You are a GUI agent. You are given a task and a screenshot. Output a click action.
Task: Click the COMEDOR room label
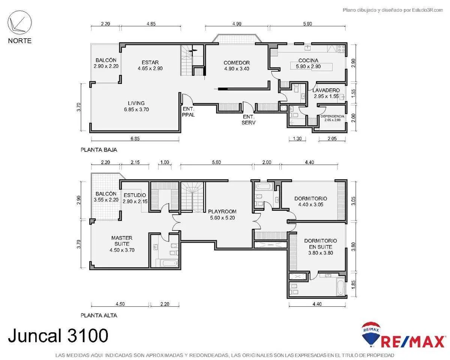coord(237,63)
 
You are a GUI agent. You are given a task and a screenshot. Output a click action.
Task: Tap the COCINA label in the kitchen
coord(308,60)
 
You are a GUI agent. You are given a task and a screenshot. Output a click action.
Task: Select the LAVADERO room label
coord(326,90)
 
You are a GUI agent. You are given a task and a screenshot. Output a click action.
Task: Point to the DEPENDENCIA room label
coord(332,116)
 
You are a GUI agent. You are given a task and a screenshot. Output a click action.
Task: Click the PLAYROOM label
coord(222,211)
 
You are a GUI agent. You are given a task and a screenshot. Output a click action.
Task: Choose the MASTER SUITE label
coord(122,241)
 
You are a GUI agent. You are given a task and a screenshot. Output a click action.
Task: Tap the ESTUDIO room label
coord(135,195)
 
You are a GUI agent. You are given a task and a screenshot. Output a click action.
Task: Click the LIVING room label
coord(136,103)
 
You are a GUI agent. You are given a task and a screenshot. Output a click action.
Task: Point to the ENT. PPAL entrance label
coord(188,112)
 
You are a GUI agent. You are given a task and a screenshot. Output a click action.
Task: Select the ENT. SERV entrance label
coord(248,120)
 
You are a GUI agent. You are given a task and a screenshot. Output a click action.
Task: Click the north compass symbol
coord(19,22)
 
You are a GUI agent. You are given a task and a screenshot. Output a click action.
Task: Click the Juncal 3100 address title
coord(58,336)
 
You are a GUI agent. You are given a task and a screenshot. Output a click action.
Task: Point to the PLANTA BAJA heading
coord(99,150)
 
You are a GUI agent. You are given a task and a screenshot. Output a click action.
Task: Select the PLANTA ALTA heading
coord(99,315)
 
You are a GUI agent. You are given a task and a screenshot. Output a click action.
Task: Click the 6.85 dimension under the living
coord(135,138)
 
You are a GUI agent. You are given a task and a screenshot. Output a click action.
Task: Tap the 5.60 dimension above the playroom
coord(216,162)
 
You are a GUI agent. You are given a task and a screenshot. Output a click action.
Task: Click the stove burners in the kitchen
coord(341,49)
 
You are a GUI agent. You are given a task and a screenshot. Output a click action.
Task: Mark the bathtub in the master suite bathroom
coord(169,263)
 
